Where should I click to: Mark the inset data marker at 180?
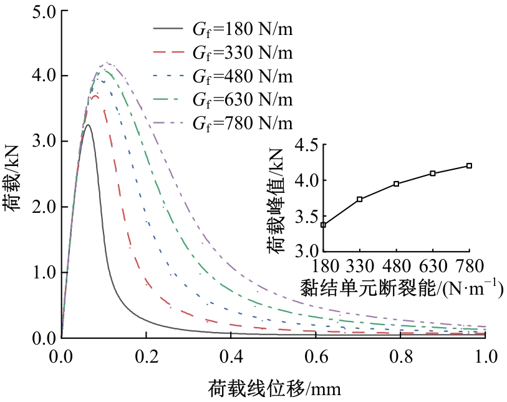(x=323, y=225)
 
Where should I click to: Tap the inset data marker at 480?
(x=396, y=184)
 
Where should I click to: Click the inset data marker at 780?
(x=469, y=165)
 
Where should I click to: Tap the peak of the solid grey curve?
(x=88, y=125)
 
